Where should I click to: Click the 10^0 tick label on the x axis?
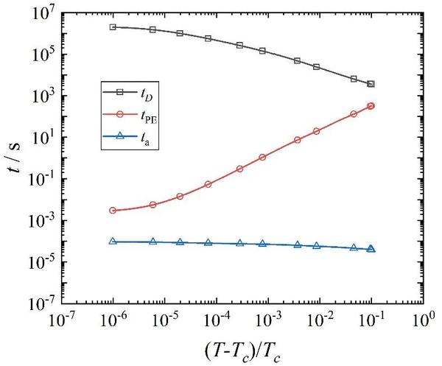pyautogui.click(x=422, y=322)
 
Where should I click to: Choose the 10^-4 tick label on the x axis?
pyautogui.click(x=216, y=322)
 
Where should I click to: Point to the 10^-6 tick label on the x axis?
pyautogui.click(x=113, y=322)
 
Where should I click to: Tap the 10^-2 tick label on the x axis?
pyautogui.click(x=319, y=322)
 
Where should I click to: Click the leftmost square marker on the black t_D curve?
pyautogui.click(x=113, y=27)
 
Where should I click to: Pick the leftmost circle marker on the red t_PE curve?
pyautogui.click(x=113, y=211)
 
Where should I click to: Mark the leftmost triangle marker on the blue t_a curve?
pyautogui.click(x=113, y=241)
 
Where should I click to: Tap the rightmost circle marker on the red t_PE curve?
pyautogui.click(x=371, y=106)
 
